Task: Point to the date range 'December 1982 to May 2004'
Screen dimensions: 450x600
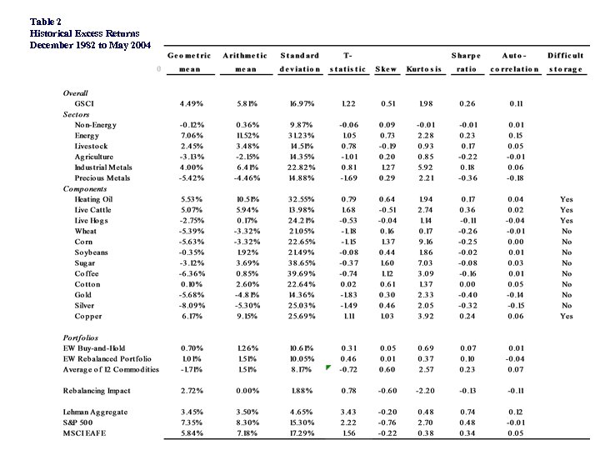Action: tap(90, 44)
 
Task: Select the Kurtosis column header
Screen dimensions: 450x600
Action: tap(423, 69)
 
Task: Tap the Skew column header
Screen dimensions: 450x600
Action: tap(387, 69)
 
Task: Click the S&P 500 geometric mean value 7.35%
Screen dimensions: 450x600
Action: tap(192, 422)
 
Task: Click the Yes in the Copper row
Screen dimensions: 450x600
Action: tap(567, 317)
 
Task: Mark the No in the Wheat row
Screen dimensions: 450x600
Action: tap(567, 231)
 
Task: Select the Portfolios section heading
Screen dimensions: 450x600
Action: tap(82, 337)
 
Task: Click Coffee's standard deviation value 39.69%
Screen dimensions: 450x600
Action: tap(299, 273)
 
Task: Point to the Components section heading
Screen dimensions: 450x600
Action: tap(85, 188)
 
